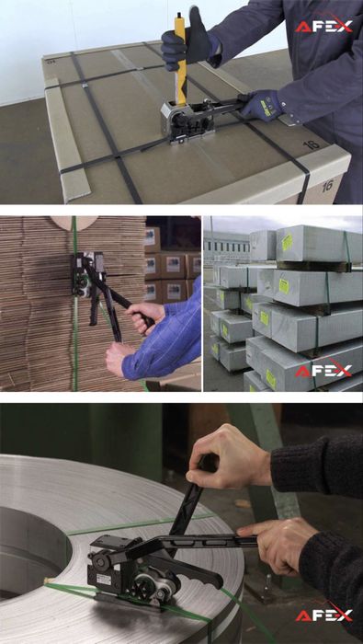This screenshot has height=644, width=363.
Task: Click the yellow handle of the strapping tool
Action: tap(180, 57)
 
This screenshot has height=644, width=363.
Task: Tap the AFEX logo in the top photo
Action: tap(323, 26)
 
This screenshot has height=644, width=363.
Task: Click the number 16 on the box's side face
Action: tap(326, 186)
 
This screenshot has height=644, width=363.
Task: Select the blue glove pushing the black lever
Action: tap(262, 106)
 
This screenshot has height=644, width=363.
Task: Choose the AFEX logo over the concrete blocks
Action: tap(323, 370)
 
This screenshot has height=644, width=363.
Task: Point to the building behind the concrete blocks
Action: tap(228, 248)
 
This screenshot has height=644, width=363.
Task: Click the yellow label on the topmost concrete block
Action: tap(287, 242)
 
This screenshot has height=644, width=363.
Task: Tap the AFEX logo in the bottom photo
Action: tap(323, 615)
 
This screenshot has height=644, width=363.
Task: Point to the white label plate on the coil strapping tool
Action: tap(103, 580)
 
